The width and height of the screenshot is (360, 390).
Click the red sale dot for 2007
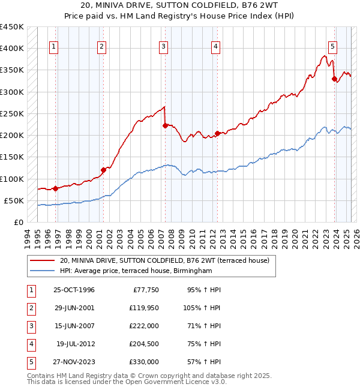coord(164,125)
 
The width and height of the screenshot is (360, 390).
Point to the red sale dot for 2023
coord(334,79)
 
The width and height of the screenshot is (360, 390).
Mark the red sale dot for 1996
coord(55,188)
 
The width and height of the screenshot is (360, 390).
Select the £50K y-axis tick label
coord(14,200)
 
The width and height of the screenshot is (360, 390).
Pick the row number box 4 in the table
coord(29,344)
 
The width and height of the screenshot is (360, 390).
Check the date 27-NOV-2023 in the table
coord(74,362)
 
